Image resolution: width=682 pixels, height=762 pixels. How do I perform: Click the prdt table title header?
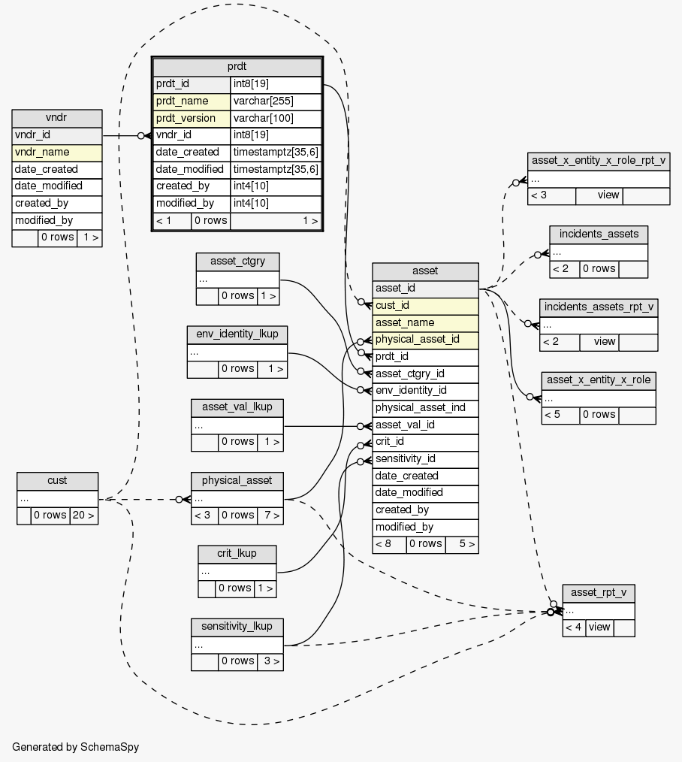pos(237,67)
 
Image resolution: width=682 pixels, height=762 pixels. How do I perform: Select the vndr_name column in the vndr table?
pos(57,152)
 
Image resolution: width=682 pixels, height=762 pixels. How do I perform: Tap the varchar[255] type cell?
pos(276,101)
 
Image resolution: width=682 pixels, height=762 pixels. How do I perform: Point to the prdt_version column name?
pos(192,118)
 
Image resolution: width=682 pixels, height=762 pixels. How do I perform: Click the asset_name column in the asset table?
pos(425,322)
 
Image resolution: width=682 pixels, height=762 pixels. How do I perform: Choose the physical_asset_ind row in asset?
pos(425,407)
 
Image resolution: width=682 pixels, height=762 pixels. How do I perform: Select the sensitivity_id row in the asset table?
pos(425,458)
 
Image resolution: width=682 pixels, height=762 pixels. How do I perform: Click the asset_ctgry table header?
pos(237,262)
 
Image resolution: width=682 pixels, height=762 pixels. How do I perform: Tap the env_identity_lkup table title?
pos(237,334)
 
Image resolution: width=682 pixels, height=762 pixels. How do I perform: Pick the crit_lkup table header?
pos(237,554)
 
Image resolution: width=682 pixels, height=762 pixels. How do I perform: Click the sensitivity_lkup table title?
pos(237,627)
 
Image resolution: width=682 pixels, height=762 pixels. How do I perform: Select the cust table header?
pos(57,481)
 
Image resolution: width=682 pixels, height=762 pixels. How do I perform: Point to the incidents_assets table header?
pos(599,234)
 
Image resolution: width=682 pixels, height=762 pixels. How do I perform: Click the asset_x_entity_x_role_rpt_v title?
pos(599,161)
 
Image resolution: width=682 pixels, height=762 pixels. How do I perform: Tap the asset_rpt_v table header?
pos(599,593)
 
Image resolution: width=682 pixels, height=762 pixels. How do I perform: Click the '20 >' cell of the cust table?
pos(83,516)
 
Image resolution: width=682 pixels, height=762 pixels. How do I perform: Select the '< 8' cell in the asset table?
pos(389,544)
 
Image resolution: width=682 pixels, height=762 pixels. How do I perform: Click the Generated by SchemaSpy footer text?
pos(76,747)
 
